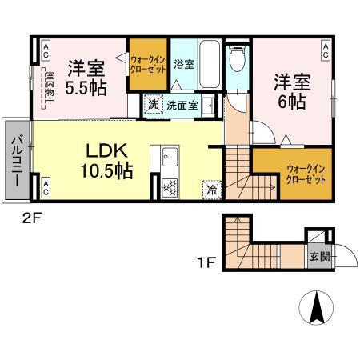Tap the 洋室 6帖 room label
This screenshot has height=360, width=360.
click(x=292, y=90)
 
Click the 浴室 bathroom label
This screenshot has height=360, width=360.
click(x=183, y=64)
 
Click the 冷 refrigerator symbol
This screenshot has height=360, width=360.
click(x=211, y=190)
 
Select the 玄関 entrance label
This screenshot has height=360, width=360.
click(x=318, y=257)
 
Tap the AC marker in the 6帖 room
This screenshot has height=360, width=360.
click(x=326, y=50)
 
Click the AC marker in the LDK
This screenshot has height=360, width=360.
click(x=45, y=188)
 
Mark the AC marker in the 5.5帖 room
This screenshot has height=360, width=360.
click(x=45, y=50)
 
